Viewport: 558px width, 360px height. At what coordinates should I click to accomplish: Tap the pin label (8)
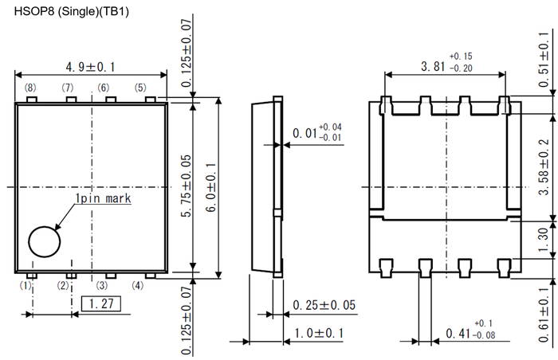coord(30,87)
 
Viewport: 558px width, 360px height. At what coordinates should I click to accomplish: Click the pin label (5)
coord(140,87)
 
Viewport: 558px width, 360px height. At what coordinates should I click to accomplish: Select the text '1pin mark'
coord(103,198)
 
